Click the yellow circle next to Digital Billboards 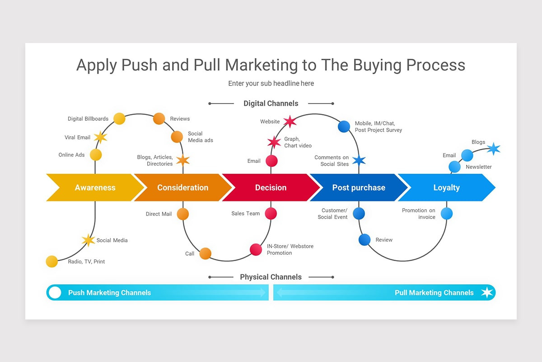pos(119,119)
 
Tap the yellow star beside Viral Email pos(100,137)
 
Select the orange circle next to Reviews pos(159,119)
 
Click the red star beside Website pos(290,121)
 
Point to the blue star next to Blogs pos(494,148)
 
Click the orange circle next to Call pos(206,253)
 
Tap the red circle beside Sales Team pos(271,213)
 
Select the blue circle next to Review pos(364,239)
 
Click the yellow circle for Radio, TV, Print pos(52,261)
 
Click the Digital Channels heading pos(271,104)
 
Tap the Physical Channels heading pos(271,277)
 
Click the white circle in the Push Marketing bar pos(55,292)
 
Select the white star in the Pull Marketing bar pos(486,292)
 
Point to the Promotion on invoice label pos(419,214)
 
